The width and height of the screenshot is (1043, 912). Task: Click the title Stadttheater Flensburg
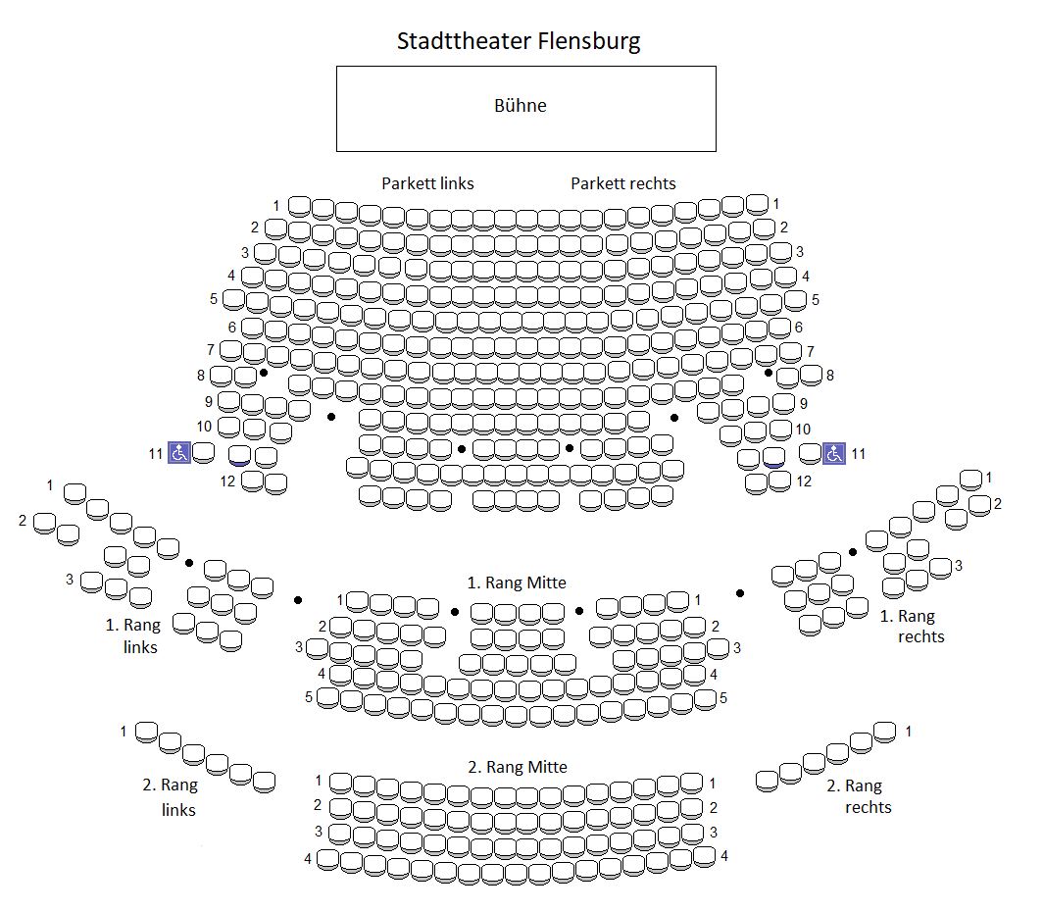(519, 41)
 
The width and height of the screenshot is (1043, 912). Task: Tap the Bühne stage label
(521, 106)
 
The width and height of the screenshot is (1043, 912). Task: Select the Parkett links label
(427, 183)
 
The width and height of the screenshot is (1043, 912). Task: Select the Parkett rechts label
(623, 183)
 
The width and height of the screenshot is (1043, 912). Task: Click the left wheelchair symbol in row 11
(179, 452)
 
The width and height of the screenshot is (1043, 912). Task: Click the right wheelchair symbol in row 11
(833, 453)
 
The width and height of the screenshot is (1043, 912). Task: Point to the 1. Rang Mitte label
(517, 583)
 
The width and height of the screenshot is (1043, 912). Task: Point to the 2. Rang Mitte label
(518, 767)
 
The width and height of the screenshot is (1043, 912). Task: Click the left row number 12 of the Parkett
(228, 481)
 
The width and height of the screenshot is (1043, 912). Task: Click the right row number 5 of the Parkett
(815, 300)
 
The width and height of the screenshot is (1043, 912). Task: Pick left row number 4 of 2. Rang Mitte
(308, 858)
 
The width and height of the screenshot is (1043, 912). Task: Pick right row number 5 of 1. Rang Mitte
(723, 698)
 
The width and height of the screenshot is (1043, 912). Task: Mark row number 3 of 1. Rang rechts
(959, 566)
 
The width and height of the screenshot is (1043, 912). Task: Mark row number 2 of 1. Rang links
(23, 520)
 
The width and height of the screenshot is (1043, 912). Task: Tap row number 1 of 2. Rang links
(124, 732)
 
